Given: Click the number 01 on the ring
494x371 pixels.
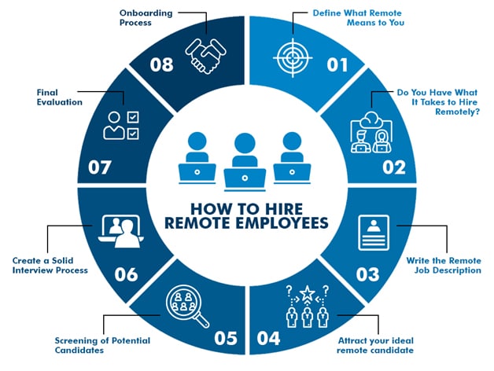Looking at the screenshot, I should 337,64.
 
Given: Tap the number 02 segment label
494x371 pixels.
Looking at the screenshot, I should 393,167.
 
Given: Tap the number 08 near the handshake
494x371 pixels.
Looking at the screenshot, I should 160,64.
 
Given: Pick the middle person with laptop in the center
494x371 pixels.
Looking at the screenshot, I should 245,157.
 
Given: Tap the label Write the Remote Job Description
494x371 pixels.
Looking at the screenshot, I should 444,265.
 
